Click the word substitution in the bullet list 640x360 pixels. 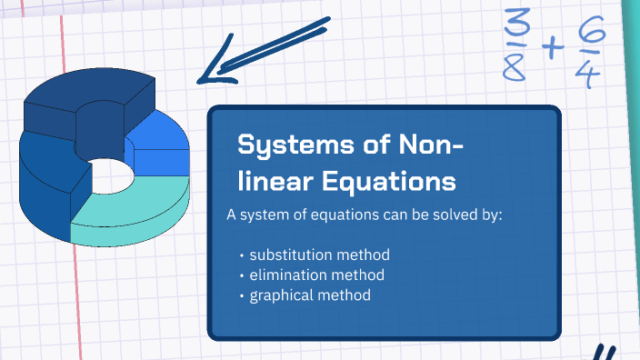coord(290,254)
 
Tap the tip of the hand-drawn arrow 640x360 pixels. coord(202,80)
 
